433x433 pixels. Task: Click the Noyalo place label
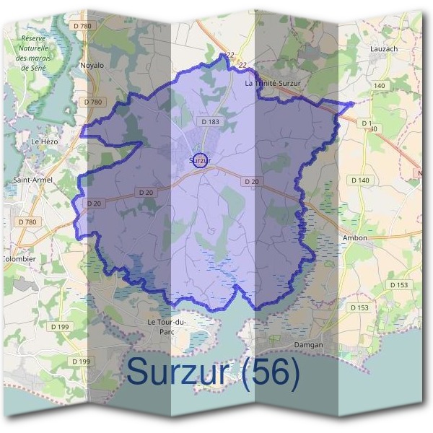(92, 65)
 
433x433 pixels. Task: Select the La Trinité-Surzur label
(277, 84)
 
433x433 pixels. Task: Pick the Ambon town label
(354, 237)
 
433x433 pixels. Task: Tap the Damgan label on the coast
(310, 345)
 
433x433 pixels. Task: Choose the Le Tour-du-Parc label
(166, 325)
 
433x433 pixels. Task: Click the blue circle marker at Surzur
(202, 161)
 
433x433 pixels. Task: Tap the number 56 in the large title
(271, 372)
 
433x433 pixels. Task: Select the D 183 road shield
(211, 122)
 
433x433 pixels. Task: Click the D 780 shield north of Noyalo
(84, 27)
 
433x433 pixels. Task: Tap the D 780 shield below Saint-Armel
(27, 222)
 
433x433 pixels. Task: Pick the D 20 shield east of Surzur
(252, 181)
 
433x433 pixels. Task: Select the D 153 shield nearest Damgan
(359, 307)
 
